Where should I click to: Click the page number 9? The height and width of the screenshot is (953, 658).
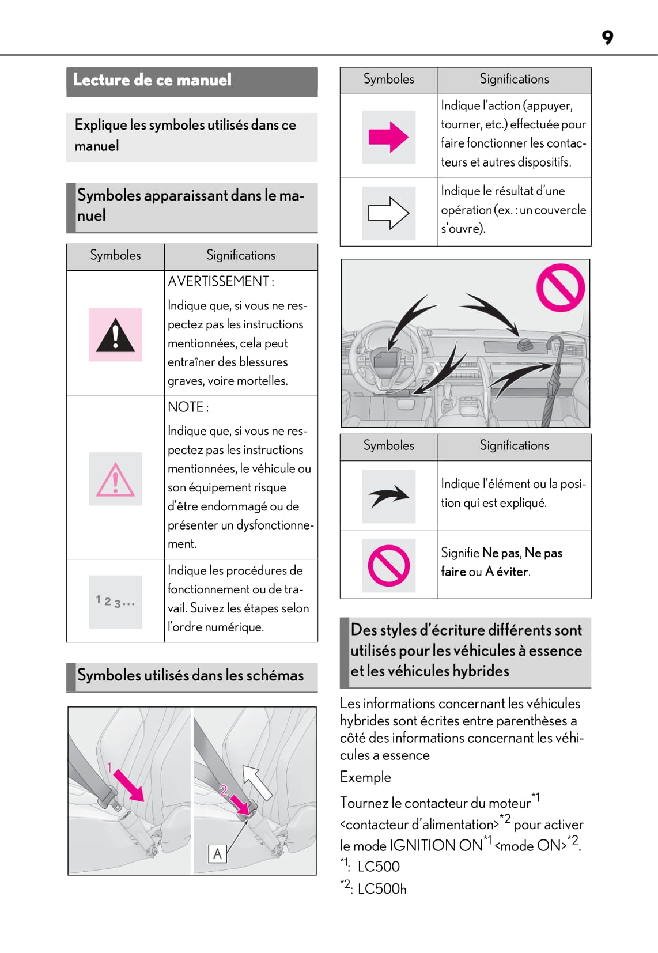(607, 37)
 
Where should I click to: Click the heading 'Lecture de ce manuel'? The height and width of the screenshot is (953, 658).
(152, 80)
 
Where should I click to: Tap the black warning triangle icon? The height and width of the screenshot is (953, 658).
(115, 335)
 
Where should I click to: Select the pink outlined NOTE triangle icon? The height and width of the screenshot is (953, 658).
(115, 479)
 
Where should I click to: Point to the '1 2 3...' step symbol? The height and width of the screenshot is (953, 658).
(115, 602)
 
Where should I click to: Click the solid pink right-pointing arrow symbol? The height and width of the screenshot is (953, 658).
(388, 137)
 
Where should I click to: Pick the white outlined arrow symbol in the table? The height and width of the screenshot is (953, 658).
(388, 213)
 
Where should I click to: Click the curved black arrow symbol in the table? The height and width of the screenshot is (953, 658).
(388, 496)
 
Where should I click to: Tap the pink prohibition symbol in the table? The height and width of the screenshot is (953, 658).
(388, 565)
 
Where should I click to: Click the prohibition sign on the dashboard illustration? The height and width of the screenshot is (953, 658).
(560, 288)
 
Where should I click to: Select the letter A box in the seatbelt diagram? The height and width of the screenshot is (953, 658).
(217, 853)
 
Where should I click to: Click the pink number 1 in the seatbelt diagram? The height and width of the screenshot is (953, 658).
(109, 767)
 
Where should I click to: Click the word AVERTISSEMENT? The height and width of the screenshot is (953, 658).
(218, 282)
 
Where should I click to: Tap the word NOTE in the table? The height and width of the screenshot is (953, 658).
(185, 407)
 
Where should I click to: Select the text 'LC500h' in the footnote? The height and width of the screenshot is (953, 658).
(382, 889)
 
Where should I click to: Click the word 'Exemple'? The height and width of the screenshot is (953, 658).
(365, 777)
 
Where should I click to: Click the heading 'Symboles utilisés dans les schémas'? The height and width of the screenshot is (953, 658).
(190, 675)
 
